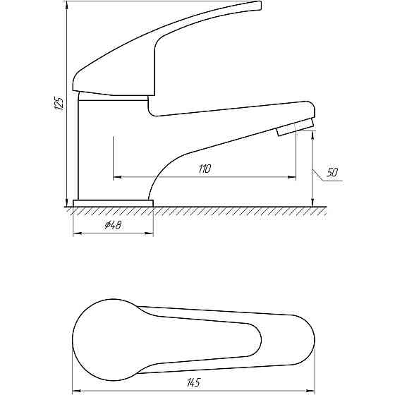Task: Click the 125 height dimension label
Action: pyautogui.click(x=59, y=103)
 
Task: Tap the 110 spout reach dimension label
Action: pyautogui.click(x=205, y=169)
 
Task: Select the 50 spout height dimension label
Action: pyautogui.click(x=332, y=172)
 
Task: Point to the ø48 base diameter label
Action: pyautogui.click(x=113, y=225)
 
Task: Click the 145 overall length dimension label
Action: pyautogui.click(x=194, y=382)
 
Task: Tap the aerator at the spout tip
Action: pyautogui.click(x=296, y=127)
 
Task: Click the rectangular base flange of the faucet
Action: pyautogui.click(x=113, y=204)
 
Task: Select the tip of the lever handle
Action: pyautogui.click(x=260, y=6)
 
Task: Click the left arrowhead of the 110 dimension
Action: pyautogui.click(x=117, y=177)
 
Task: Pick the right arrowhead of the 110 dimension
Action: pyautogui.click(x=292, y=177)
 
